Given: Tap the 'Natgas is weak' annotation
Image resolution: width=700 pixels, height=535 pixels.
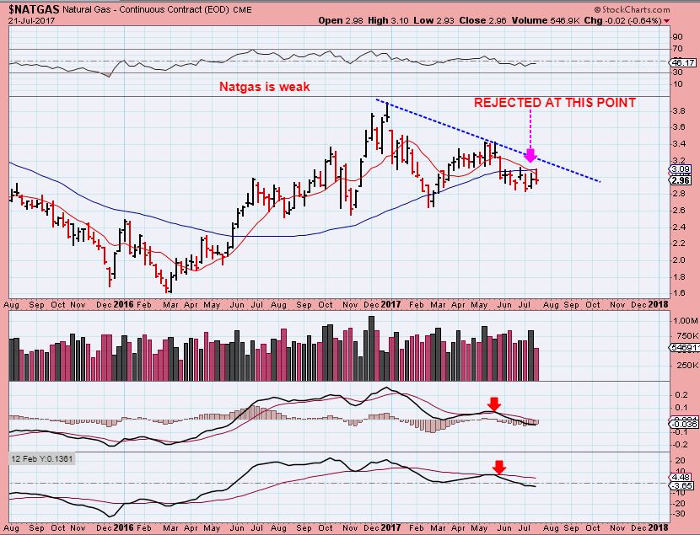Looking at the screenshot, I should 264,87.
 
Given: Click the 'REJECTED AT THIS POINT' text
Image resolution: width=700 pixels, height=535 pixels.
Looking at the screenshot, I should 554,103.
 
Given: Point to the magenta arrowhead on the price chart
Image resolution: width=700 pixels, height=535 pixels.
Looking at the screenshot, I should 530,155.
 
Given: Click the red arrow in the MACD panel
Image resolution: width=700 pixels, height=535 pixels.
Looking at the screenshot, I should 494,404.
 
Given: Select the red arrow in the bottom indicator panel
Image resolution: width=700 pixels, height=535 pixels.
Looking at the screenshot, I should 499,466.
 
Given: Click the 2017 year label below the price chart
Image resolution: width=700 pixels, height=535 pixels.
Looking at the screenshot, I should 389,304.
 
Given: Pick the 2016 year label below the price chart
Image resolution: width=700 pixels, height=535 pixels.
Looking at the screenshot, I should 123,304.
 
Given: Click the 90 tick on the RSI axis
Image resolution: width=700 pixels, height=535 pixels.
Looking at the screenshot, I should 676,37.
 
